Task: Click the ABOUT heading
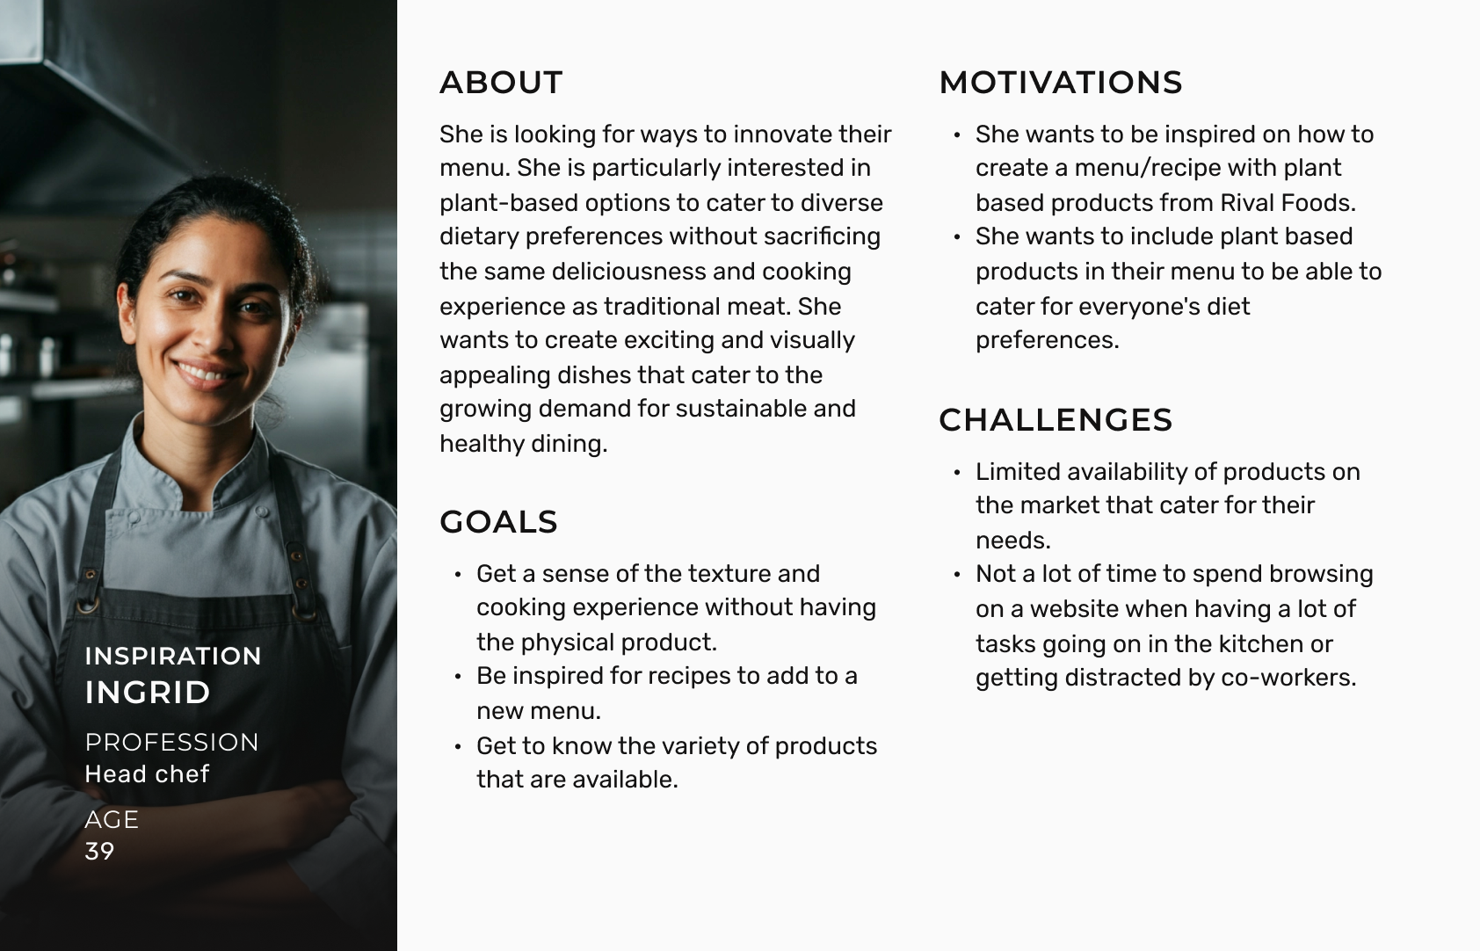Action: point(501,83)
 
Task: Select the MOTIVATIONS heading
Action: point(1061,83)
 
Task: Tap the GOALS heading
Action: point(499,522)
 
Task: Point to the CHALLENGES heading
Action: point(1056,420)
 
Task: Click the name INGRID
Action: point(148,693)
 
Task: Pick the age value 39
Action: point(100,851)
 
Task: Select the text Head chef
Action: point(147,773)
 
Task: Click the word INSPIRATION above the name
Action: point(173,657)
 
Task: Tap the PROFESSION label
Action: point(171,742)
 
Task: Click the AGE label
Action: point(112,819)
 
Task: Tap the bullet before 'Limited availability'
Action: point(957,473)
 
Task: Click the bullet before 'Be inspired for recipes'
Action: point(458,677)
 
